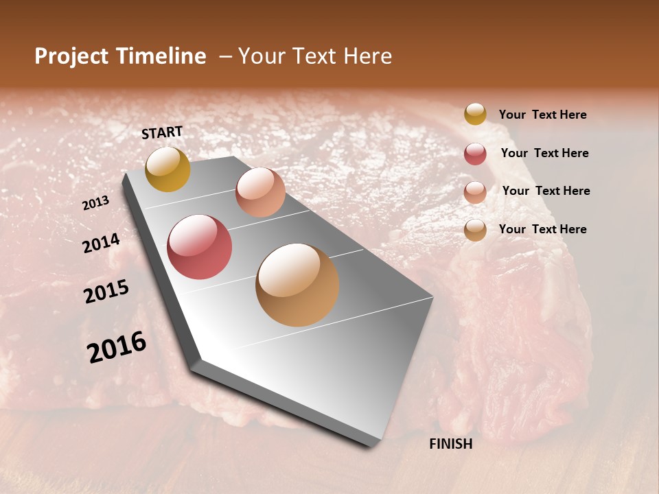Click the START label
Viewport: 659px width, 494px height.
[162, 132]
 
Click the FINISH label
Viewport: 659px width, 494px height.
[450, 444]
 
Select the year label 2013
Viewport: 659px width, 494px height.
[95, 203]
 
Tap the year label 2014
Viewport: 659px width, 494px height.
[101, 244]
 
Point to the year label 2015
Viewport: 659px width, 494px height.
[106, 292]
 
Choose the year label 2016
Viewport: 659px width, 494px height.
[117, 347]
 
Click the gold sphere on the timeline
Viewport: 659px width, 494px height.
[168, 169]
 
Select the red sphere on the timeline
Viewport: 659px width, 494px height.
[200, 247]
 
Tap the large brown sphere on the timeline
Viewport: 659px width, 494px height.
[297, 285]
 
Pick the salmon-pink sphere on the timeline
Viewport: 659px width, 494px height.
[260, 192]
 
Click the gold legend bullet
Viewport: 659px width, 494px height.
[475, 114]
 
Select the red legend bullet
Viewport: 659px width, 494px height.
[475, 154]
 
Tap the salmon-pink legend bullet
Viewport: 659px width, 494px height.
[475, 192]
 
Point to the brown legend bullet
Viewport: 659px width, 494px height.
[475, 230]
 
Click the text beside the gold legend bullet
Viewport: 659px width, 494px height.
[542, 115]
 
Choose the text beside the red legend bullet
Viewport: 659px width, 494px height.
[544, 153]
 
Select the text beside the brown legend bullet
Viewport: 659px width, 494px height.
[542, 229]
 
